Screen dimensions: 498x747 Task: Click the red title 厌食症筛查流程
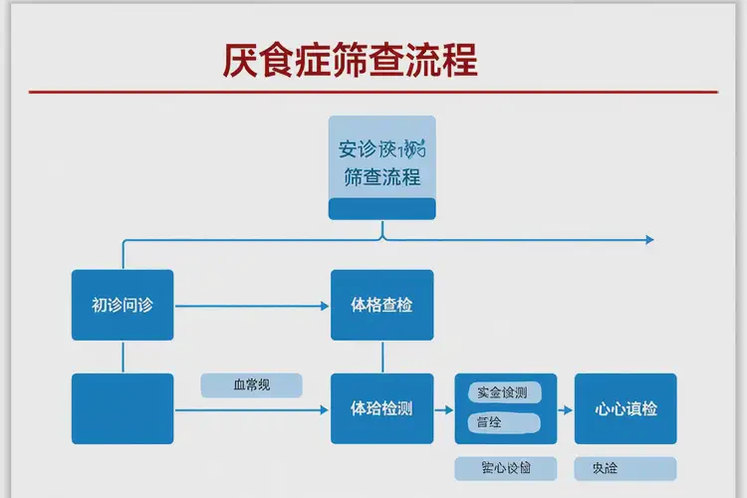coord(350,60)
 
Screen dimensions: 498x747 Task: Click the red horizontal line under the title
coord(373,92)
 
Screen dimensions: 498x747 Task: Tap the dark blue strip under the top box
coord(382,208)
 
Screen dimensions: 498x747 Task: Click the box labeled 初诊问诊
coord(123,305)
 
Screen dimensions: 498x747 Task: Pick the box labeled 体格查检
coord(382,305)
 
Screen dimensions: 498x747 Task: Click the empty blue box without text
coord(123,408)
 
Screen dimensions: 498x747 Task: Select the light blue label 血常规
coord(251,385)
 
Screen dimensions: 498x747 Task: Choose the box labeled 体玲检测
coord(382,408)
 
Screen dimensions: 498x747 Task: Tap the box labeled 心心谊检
coord(625,408)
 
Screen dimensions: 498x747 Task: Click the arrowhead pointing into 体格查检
coord(325,305)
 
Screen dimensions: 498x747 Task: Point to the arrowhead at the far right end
coord(649,240)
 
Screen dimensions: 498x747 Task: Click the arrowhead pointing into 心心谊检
coord(568,409)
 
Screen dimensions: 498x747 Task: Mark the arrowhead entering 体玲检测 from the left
coord(325,409)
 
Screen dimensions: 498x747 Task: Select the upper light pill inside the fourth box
coord(503,392)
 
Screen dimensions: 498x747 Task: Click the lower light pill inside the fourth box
coord(503,422)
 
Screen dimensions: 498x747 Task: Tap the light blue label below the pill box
coord(505,468)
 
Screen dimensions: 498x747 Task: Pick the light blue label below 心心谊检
coord(625,468)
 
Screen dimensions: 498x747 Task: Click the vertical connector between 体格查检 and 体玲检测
coord(382,357)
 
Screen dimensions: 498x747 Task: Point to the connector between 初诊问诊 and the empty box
coord(123,357)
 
